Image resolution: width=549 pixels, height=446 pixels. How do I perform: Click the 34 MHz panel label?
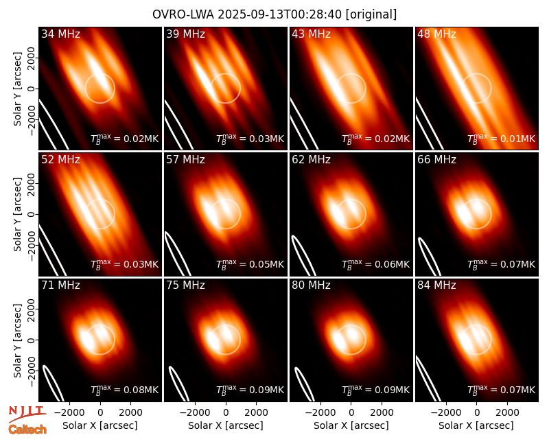tap(60, 34)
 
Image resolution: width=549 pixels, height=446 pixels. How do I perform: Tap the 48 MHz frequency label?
tap(436, 34)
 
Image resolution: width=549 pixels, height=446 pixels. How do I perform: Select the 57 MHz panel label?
tap(185, 160)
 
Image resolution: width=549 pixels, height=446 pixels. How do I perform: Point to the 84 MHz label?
tap(436, 285)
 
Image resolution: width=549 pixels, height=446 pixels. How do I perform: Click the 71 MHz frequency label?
tap(60, 285)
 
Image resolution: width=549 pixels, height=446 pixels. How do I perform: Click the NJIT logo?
tap(27, 413)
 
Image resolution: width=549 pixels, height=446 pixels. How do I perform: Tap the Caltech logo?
tap(27, 430)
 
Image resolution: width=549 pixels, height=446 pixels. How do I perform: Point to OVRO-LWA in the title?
tap(183, 14)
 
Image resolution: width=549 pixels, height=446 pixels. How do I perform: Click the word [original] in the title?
tap(371, 14)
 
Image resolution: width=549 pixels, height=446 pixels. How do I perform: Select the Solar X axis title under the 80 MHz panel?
tap(351, 425)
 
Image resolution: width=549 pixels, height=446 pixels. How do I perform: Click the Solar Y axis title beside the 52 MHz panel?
tap(17, 214)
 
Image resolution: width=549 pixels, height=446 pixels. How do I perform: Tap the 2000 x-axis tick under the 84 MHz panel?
tap(507, 413)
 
